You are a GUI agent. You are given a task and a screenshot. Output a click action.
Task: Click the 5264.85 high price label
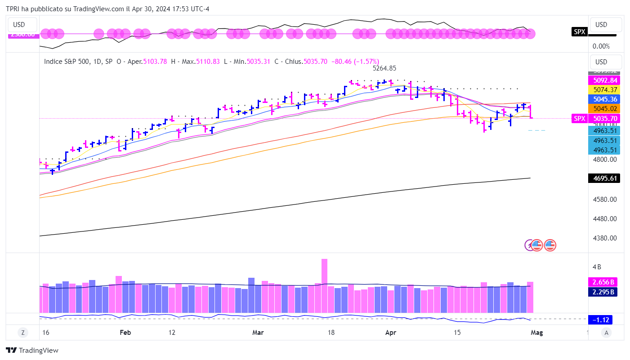[384, 69]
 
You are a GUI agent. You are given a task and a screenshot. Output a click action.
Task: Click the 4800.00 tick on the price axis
[604, 159]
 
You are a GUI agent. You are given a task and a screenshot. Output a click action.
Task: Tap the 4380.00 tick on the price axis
[604, 238]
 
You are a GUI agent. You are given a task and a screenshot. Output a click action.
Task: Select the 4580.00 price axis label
[604, 199]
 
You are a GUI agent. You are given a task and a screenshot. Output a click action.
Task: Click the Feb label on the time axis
[125, 333]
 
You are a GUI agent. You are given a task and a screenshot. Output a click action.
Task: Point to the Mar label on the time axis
[258, 333]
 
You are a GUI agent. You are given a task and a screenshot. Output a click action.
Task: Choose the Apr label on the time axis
[391, 333]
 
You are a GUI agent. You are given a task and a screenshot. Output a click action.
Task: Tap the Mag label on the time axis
[537, 333]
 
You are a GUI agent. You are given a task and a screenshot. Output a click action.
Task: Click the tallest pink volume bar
[324, 285]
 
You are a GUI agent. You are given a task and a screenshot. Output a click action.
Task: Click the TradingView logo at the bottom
[32, 350]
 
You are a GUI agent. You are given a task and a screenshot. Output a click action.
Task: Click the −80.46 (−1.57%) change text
[355, 62]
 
